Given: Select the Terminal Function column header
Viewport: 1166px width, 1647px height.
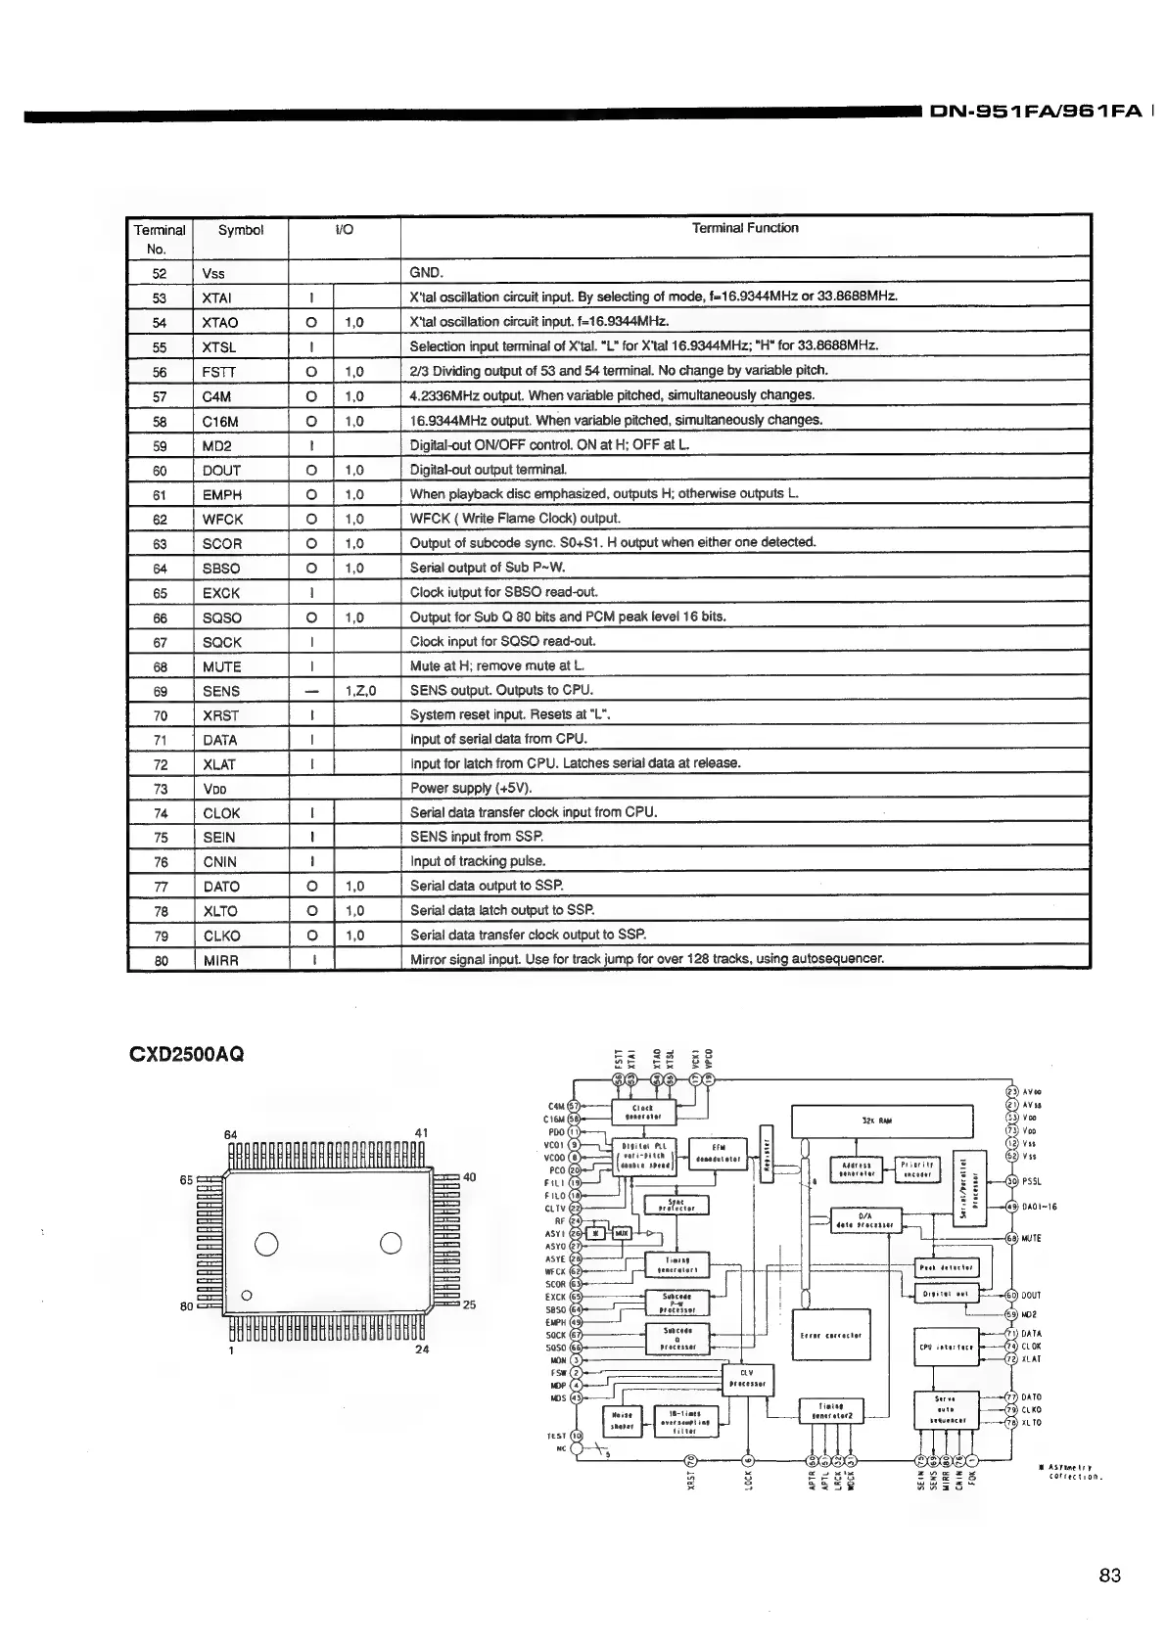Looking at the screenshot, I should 745,228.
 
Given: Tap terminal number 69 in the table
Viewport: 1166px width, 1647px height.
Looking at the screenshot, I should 160,691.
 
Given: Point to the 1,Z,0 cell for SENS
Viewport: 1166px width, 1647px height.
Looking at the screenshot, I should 360,691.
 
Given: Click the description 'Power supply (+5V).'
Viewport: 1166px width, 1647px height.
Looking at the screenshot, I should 471,788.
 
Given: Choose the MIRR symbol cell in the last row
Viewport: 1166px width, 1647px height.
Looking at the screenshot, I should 221,961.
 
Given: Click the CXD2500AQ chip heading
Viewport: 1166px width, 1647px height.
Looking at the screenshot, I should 186,1055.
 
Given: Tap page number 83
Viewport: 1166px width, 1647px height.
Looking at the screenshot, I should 1109,1576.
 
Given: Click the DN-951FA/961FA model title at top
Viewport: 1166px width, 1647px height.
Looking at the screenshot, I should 1035,112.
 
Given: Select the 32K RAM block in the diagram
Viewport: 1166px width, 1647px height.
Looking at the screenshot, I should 881,1121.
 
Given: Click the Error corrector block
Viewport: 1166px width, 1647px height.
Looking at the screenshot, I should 830,1335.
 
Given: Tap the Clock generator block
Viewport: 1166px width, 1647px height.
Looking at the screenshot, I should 643,1112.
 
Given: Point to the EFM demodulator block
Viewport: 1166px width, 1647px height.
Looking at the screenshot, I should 718,1155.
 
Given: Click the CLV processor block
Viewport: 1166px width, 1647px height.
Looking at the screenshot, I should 746,1378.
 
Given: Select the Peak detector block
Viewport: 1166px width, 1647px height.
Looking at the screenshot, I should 946,1267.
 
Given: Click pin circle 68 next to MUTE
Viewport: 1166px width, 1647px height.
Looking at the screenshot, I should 1012,1238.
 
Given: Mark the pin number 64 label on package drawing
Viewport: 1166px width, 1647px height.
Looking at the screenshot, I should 230,1134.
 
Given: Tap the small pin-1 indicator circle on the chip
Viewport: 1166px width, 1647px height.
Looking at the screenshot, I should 247,1296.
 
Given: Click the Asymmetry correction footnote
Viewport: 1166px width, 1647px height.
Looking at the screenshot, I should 1074,1471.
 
